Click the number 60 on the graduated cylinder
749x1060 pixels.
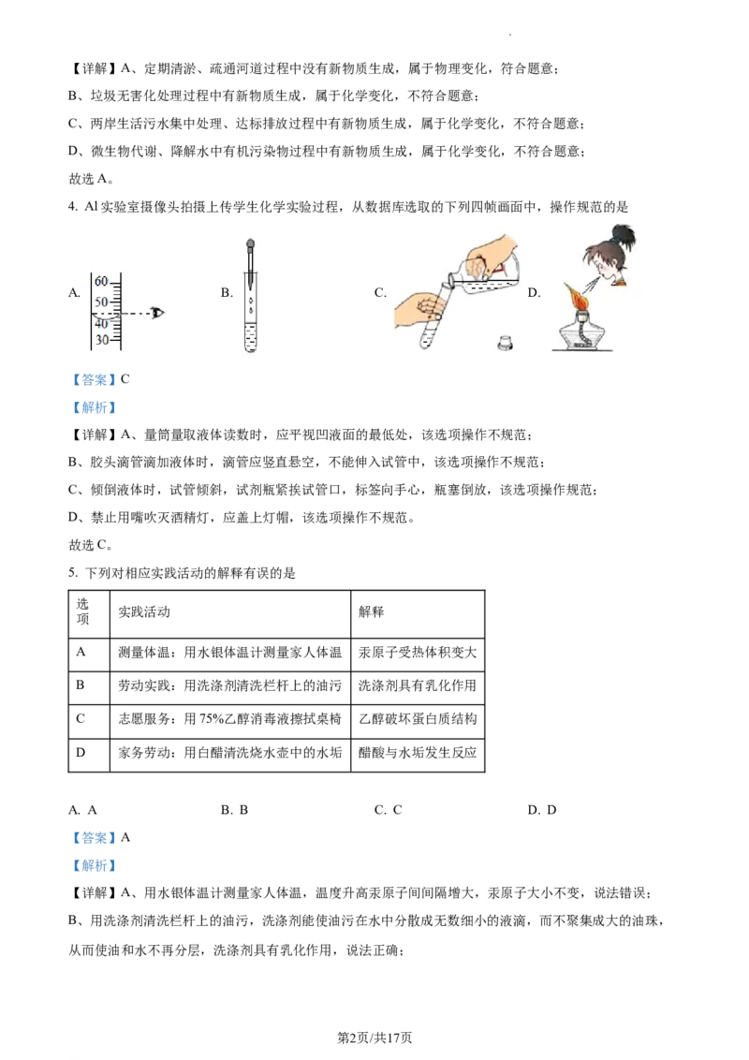pos(101,282)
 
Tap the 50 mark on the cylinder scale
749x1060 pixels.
pos(101,302)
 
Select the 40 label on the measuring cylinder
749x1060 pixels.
pos(101,324)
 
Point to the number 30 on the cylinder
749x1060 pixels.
pos(101,340)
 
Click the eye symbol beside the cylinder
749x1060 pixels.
pos(157,312)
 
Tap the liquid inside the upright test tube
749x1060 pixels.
pos(250,337)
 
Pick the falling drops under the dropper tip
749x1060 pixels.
pos(251,303)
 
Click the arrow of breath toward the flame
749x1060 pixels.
pos(589,282)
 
